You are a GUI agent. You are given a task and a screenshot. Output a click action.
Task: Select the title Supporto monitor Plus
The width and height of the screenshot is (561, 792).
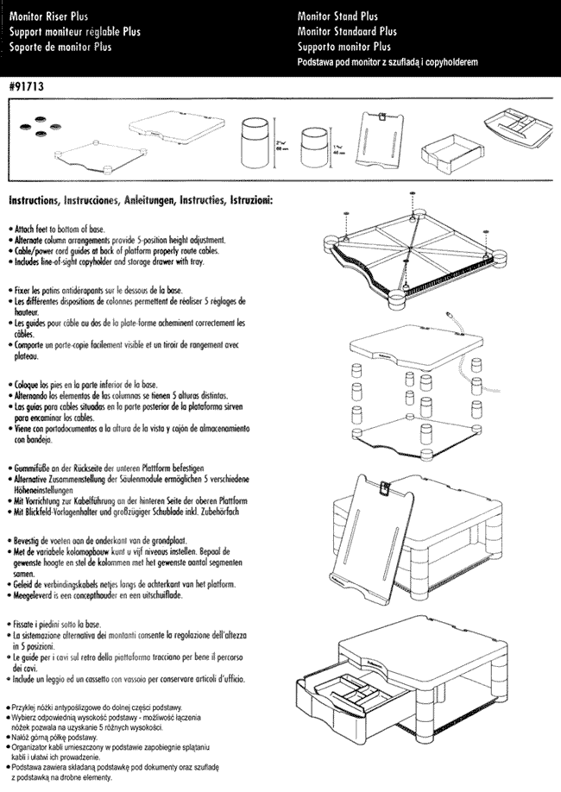[344, 47]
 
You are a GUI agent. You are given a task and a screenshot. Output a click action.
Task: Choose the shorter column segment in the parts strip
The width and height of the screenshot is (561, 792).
[312, 144]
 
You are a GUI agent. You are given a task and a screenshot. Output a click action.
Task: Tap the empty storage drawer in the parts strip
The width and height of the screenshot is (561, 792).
[445, 153]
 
